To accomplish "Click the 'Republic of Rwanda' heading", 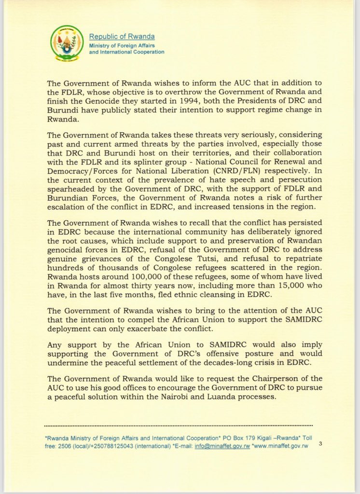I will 122,37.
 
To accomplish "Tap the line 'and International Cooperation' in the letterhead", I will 126,52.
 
